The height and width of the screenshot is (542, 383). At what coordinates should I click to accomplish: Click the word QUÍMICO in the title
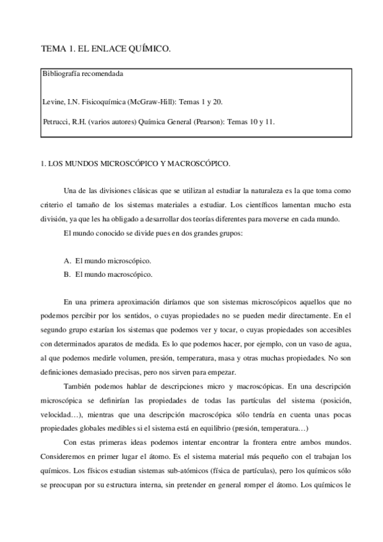pyautogui.click(x=153, y=49)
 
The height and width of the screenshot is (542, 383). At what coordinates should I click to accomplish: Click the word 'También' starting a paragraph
pyautogui.click(x=79, y=386)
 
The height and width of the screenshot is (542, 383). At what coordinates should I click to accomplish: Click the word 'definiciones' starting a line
pyautogui.click(x=61, y=373)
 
